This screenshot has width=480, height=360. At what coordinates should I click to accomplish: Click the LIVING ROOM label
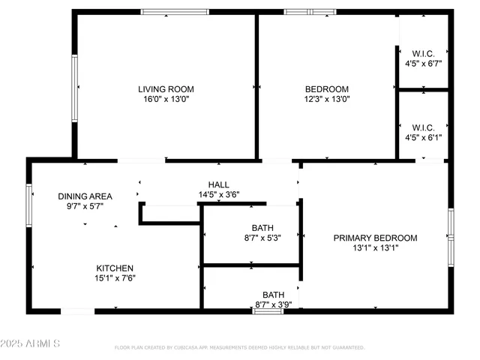click(x=166, y=88)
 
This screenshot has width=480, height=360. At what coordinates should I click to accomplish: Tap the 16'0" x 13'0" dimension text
click(x=166, y=98)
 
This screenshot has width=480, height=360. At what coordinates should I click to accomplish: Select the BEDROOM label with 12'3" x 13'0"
click(x=326, y=88)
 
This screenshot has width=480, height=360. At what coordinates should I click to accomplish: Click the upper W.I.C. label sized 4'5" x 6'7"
click(x=423, y=53)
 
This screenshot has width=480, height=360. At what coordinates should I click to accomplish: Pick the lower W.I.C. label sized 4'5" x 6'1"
click(x=423, y=127)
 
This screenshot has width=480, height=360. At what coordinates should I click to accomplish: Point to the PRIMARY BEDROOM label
click(x=375, y=238)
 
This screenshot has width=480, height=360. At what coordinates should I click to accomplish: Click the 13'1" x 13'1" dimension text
click(x=375, y=248)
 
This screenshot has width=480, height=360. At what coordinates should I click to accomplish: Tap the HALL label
click(x=219, y=184)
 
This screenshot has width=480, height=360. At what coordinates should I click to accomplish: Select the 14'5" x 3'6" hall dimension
click(x=219, y=195)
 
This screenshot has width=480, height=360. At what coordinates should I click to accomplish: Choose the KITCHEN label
click(x=115, y=268)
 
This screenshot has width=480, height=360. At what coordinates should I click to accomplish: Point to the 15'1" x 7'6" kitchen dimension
click(x=115, y=278)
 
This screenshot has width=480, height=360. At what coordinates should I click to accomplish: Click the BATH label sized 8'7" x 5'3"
click(x=262, y=228)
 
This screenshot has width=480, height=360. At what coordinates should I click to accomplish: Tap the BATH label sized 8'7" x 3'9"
click(x=273, y=294)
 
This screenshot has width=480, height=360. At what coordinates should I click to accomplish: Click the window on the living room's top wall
click(x=175, y=11)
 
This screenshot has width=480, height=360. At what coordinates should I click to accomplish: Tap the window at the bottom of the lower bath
click(x=268, y=310)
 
